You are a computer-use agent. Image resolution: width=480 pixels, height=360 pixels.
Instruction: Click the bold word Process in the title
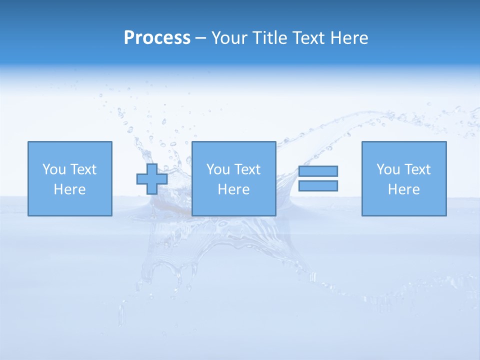tap(157, 38)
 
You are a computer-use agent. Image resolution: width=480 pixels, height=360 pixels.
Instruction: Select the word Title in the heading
tap(272, 38)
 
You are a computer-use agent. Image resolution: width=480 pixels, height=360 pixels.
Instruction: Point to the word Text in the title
tap(309, 38)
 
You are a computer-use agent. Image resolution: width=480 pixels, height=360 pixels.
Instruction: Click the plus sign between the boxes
tap(152, 179)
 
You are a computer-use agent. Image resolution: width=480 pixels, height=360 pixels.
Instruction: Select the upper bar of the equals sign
tap(318, 171)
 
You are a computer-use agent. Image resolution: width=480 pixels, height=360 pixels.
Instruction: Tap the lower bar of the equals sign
tap(318, 185)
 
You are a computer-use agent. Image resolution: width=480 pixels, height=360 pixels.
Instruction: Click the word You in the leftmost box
tap(53, 169)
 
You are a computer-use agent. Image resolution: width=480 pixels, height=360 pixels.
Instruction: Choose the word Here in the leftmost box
tap(69, 189)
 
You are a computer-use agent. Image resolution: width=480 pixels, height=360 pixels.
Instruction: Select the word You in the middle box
tap(217, 169)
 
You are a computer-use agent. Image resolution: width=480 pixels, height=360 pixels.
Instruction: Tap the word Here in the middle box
tap(233, 189)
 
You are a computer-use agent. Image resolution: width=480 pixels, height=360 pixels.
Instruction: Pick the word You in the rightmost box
tap(387, 169)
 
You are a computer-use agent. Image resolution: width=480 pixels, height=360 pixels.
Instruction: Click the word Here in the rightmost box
tap(403, 189)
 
